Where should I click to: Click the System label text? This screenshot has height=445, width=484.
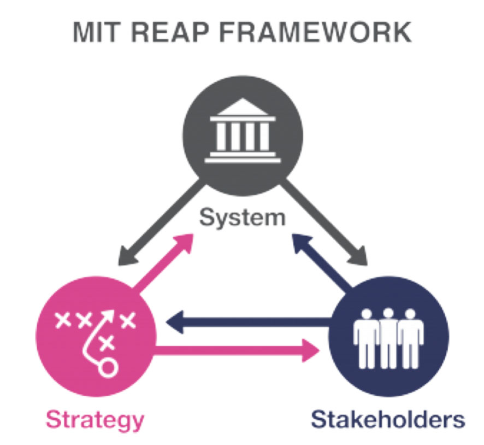[x=242, y=218]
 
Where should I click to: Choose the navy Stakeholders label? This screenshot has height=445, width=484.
[x=388, y=420]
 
